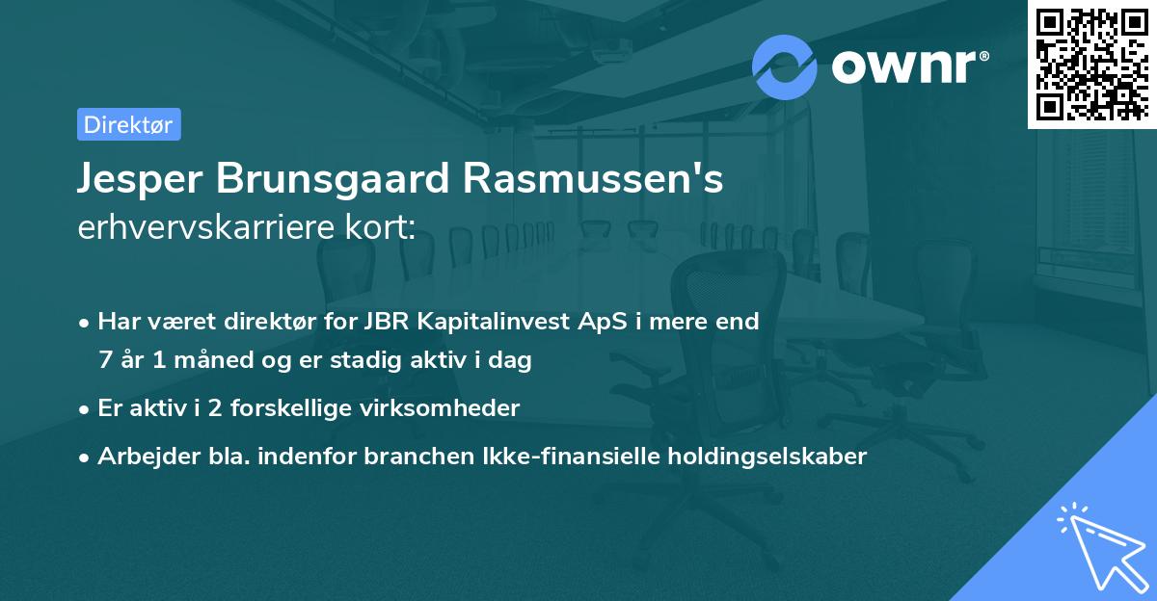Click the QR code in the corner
pos(1090,65)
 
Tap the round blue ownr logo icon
pos(785,66)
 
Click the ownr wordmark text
pos(907,66)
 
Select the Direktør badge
pos(128,124)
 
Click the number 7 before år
pos(104,361)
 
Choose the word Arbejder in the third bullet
pos(141,457)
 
